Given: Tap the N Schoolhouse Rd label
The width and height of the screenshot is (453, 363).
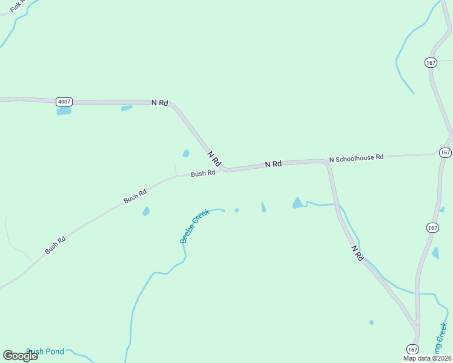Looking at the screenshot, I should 356,158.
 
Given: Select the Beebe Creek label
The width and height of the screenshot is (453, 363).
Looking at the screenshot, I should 194,226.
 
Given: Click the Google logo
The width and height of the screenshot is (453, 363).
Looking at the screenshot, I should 20,356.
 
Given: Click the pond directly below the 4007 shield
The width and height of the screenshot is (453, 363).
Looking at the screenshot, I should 64,111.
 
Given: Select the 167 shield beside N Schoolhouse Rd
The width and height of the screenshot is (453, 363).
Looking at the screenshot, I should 445,152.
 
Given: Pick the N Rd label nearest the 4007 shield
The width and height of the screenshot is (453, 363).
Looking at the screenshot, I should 159,103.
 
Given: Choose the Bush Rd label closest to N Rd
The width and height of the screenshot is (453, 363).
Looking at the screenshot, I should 203,173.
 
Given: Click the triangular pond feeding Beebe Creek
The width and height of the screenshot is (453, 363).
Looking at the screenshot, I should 297,203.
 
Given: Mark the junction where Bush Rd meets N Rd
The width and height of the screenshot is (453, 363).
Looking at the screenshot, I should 225,170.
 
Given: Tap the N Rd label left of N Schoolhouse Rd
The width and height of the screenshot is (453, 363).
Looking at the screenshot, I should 273,164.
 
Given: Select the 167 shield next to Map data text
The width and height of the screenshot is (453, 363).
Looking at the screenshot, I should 412,349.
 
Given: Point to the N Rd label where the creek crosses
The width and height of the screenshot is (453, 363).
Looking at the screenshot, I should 357,253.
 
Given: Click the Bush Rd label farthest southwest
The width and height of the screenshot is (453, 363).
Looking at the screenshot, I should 55,245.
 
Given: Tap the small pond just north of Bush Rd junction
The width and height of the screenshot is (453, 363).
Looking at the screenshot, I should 186,154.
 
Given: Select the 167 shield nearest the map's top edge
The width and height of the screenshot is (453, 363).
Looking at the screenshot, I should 431,63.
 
